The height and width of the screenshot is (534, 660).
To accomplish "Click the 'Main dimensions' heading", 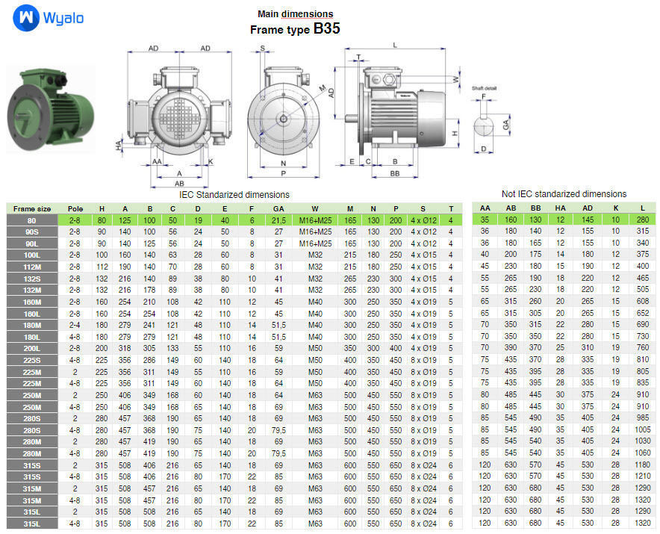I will (x=295, y=14).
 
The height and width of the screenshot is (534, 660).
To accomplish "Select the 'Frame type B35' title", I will (x=295, y=30).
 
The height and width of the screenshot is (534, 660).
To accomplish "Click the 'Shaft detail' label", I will (x=484, y=88).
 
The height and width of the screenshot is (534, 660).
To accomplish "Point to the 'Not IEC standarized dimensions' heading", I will (x=564, y=194).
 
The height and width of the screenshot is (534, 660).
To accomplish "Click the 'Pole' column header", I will (x=75, y=208).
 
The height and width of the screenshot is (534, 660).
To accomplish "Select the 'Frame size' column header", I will (x=32, y=208).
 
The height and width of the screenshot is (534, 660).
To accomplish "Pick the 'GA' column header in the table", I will (x=278, y=208).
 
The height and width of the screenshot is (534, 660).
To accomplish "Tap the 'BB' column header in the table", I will (x=535, y=208).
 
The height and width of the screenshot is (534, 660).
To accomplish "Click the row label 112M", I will (x=32, y=267).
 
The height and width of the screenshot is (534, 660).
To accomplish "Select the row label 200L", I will (x=32, y=348).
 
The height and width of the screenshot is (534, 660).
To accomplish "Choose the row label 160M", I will (x=32, y=302).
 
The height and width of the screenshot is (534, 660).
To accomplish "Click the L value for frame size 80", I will (x=641, y=220).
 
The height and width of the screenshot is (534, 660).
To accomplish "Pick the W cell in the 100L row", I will (x=315, y=255).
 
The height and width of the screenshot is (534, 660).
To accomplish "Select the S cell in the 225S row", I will (x=423, y=360).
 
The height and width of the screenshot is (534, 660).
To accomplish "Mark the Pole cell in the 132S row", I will (x=75, y=279).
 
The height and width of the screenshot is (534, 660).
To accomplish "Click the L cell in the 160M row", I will (x=641, y=302).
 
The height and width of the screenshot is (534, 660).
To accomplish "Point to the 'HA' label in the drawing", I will (x=119, y=146).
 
